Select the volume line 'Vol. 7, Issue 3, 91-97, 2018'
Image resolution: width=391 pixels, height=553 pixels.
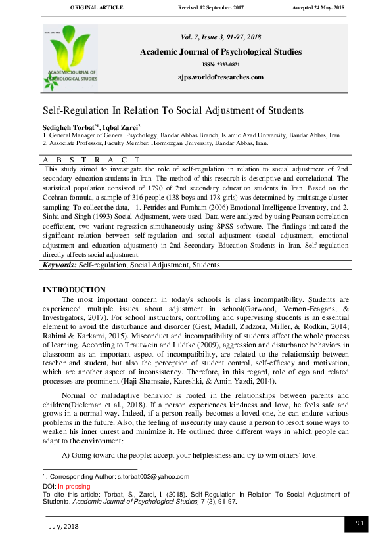221,39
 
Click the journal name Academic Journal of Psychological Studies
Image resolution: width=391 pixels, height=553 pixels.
221,52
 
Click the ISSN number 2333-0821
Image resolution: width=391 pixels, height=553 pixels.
221,65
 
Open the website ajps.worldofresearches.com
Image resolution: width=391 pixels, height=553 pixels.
221,77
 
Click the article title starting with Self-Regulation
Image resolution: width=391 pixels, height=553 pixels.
173,110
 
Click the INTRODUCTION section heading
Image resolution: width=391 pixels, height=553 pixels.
74,290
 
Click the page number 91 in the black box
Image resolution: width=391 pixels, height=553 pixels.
359,523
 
